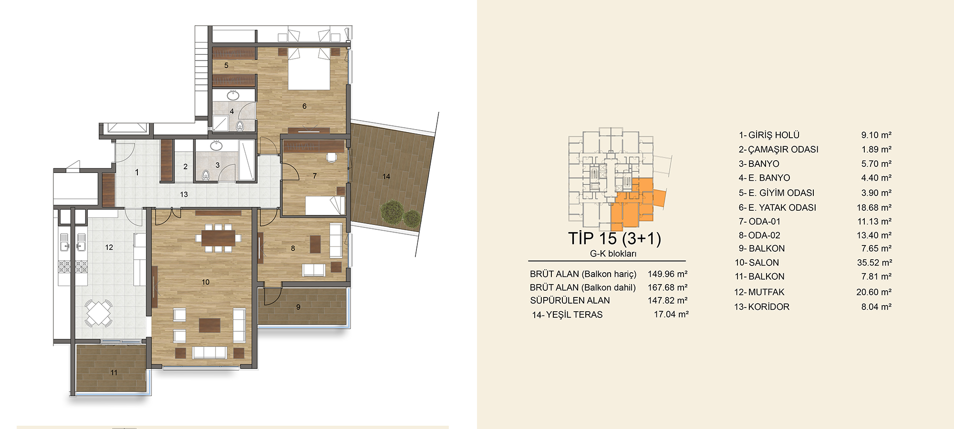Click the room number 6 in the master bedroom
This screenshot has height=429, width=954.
coord(304,106)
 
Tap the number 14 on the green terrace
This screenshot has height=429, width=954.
coord(386,176)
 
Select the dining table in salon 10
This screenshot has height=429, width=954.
coord(218,237)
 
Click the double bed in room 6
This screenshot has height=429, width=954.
coord(309,69)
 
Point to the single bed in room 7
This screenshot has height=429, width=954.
coord(324,205)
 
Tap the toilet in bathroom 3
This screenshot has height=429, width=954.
coord(206,175)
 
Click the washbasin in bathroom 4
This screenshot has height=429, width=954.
coord(233,95)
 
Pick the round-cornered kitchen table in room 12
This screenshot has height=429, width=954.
coord(99,313)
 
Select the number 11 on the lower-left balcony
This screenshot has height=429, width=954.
coord(114,373)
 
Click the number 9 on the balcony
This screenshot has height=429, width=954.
coord(298,307)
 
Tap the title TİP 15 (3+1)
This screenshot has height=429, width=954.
coord(614,238)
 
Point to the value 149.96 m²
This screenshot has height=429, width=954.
coord(667,274)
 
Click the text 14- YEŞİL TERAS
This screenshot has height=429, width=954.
coord(567,315)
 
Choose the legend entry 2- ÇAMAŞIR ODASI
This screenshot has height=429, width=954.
coord(778,150)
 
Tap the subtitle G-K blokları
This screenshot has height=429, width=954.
coord(613,254)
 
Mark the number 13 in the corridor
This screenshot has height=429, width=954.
coord(184,194)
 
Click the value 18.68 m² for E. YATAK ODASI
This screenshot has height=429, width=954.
coord(874,208)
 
